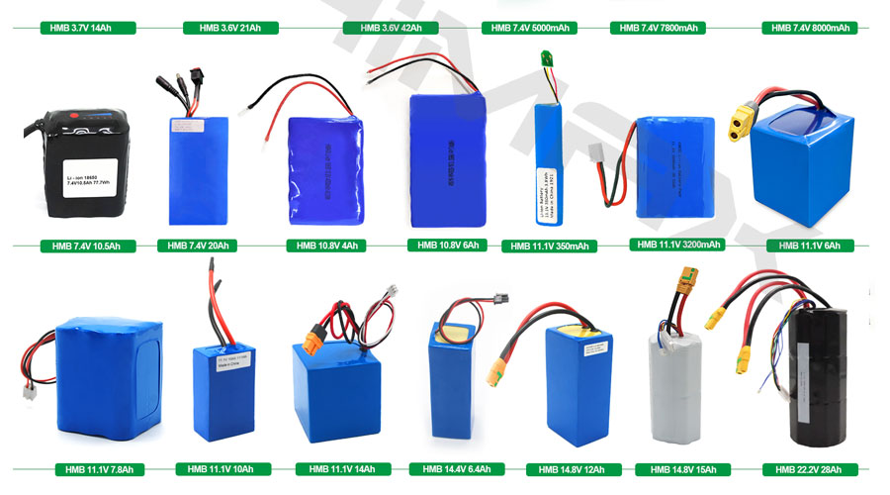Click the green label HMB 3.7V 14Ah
tap(81, 28)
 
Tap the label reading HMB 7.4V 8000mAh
tap(810, 28)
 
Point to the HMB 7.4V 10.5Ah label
tap(82, 245)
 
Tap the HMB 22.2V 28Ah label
tap(810, 468)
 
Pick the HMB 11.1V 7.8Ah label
tap(100, 468)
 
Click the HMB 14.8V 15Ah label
tap(682, 468)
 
